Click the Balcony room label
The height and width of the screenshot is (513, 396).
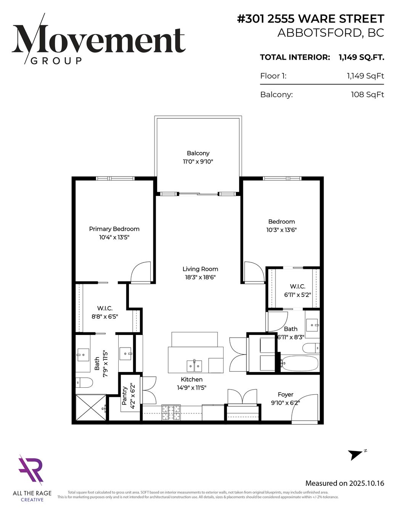(x=198, y=153)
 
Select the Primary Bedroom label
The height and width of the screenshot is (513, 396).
(x=114, y=229)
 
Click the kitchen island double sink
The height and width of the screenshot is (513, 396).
(x=194, y=366)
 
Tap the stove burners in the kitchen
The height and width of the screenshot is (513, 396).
(x=171, y=413)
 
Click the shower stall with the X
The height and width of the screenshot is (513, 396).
(x=91, y=408)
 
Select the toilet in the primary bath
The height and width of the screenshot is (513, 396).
(x=84, y=383)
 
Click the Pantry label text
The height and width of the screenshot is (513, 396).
(x=125, y=396)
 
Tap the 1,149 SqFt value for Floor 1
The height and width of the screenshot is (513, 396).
(x=365, y=76)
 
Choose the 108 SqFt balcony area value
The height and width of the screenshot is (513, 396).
(x=367, y=95)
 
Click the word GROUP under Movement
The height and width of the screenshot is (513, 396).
(x=56, y=61)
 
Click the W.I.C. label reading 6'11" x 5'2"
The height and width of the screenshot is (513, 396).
(x=298, y=291)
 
